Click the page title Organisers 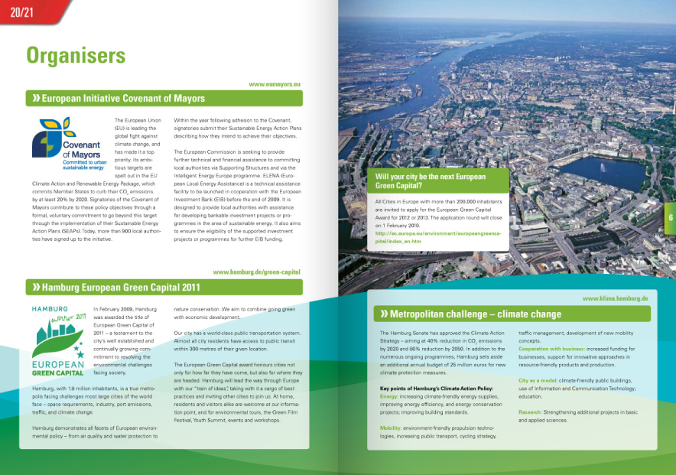pyautogui.click(x=76, y=55)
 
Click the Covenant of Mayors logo pyautogui.click(x=67, y=143)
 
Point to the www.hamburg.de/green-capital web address pyautogui.click(x=256, y=272)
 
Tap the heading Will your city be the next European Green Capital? pyautogui.click(x=430, y=181)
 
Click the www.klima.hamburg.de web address pyautogui.click(x=615, y=298)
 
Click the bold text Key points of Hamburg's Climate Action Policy pyautogui.click(x=436, y=389)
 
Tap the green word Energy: pyautogui.click(x=389, y=397)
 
